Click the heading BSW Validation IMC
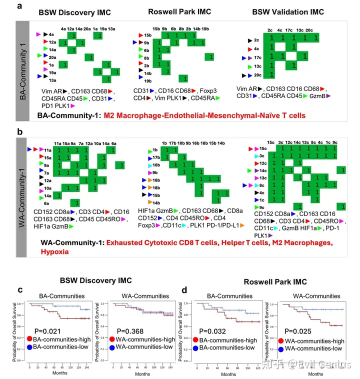281,12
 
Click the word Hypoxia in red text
56,252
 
